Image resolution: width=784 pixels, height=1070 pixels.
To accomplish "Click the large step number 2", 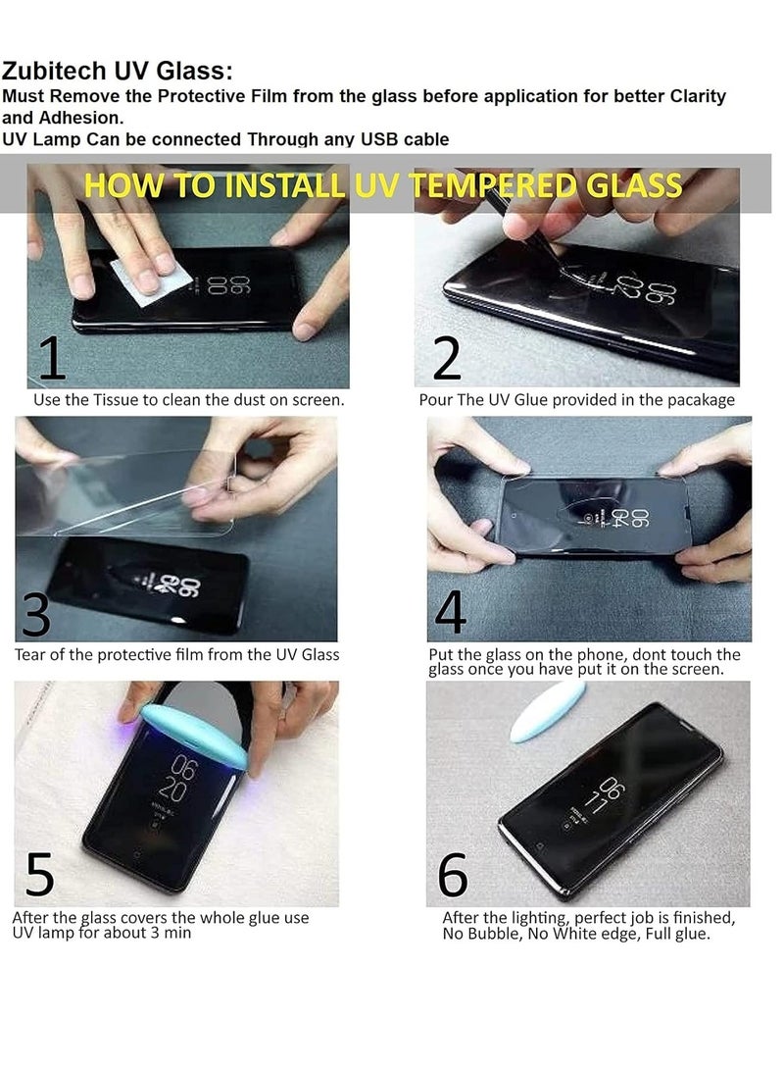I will coord(447,359).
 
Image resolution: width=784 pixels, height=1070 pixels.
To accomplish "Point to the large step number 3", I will coord(36,615).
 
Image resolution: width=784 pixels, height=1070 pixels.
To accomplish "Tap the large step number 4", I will coord(451,614).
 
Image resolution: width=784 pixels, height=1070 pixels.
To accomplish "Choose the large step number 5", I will coord(39,876).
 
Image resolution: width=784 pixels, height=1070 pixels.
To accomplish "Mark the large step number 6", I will coord(453,876).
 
